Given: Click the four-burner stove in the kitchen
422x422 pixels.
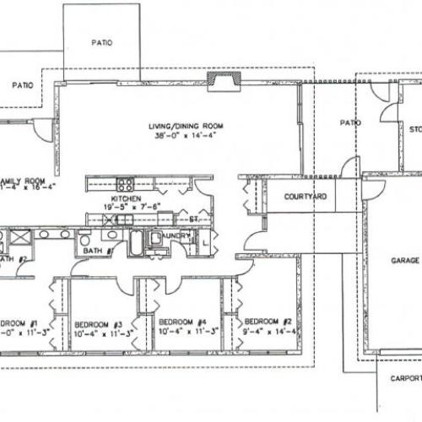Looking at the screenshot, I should pos(124,184).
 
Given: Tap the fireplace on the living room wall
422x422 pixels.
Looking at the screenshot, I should pos(224,80).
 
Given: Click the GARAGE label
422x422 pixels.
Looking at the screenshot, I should pos(404,261).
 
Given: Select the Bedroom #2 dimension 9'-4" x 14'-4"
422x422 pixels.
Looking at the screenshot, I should pos(267,331).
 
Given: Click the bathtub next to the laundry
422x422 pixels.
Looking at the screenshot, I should pos(137,244).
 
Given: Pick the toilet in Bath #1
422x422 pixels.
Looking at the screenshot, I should pos(85,241).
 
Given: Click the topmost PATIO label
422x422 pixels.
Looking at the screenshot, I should pos(102,41).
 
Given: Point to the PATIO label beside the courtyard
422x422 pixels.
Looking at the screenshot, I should pos(350,123).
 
